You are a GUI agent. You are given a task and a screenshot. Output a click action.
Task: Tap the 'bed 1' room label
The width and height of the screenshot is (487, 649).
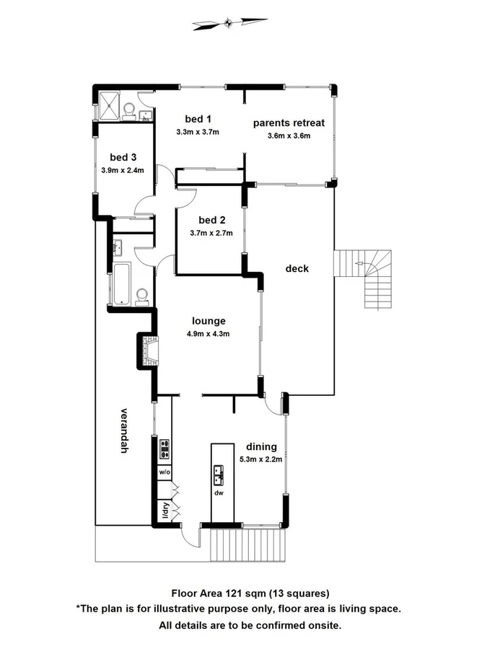point(197,119)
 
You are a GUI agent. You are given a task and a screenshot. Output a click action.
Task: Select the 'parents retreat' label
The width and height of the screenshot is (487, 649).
point(289,123)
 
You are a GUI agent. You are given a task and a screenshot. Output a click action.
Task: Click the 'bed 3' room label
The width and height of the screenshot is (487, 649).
point(123,157)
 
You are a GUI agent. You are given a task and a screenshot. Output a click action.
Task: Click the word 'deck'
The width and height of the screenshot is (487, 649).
point(297,268)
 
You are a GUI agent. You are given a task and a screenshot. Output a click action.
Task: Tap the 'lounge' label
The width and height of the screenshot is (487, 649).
point(209,321)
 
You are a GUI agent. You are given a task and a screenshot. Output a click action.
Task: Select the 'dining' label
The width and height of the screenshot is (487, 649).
point(260,446)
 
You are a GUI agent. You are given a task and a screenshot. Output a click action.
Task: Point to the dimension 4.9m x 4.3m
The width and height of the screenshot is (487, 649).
point(209,334)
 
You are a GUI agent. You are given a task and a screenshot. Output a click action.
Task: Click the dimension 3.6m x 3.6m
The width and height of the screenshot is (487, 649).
point(289,136)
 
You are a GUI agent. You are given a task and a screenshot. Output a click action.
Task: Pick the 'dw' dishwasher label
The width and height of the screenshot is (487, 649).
point(218,493)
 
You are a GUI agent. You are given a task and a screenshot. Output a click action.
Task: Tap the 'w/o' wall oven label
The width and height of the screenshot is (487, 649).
point(164,472)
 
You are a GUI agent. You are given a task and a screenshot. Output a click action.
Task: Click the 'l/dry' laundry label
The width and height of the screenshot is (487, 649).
point(164,511)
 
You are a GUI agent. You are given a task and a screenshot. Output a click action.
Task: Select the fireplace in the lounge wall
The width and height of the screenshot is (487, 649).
point(150,351)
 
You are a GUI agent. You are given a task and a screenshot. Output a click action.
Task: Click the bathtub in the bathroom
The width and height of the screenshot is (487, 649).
point(121,283)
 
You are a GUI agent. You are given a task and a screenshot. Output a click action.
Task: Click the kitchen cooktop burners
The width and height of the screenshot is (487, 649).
point(164,449)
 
